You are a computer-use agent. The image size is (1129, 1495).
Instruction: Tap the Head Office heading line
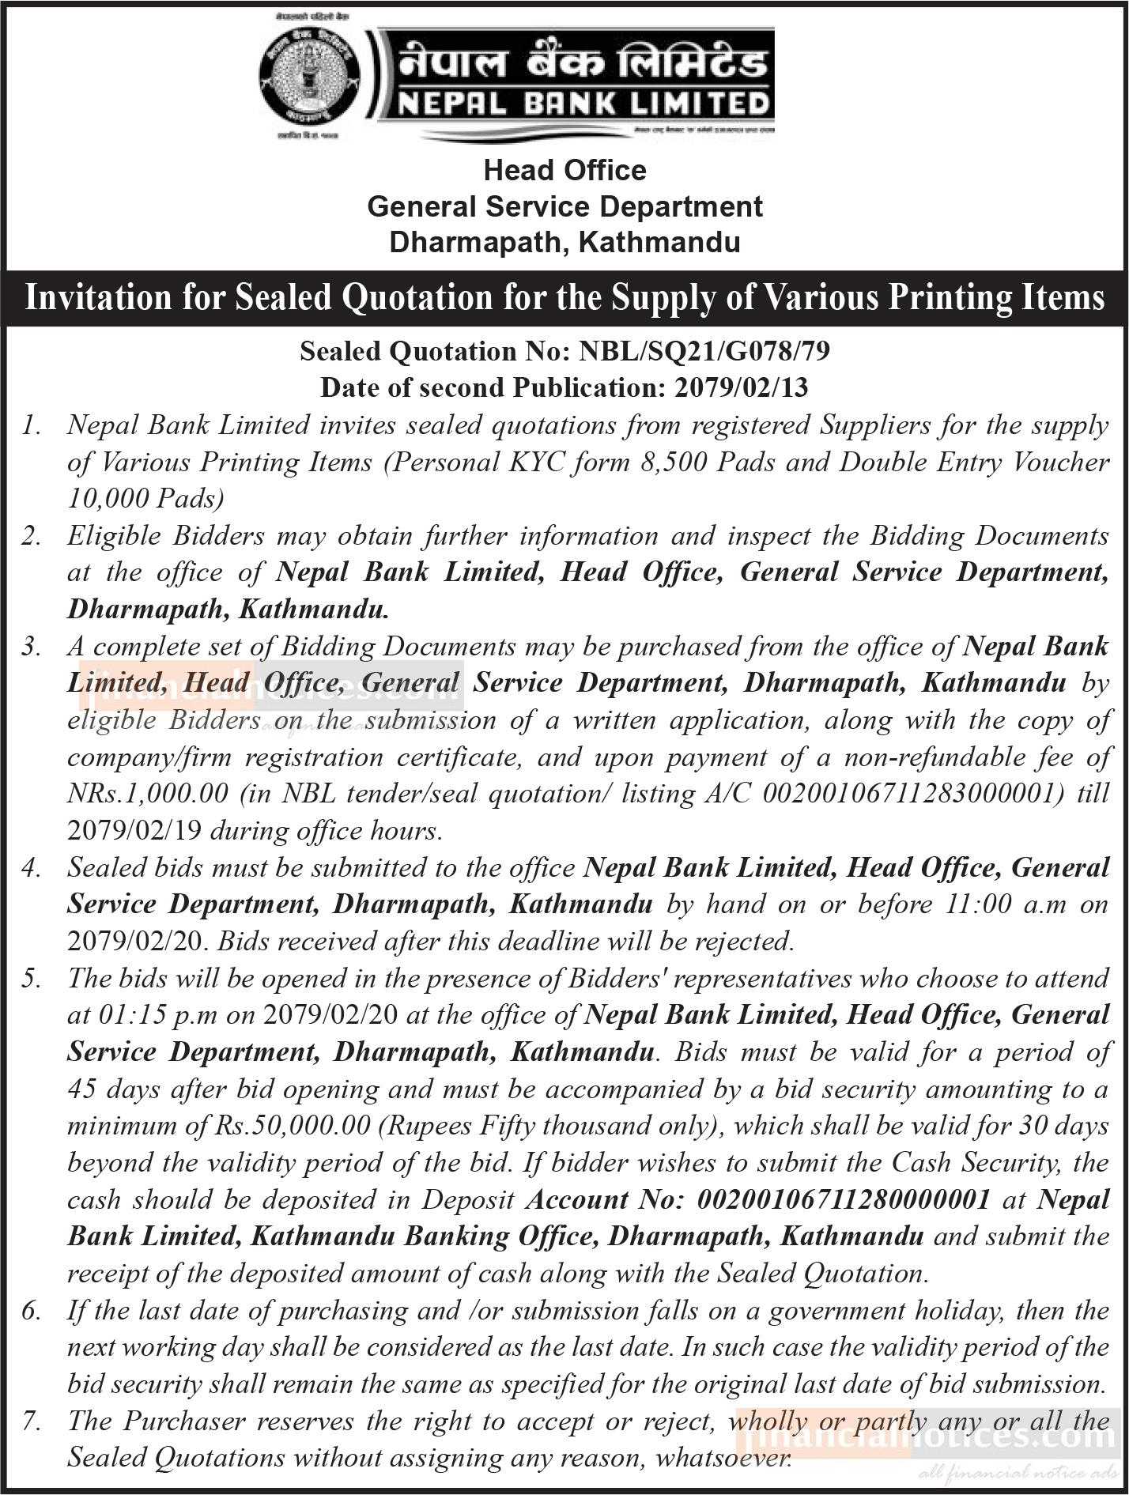564,171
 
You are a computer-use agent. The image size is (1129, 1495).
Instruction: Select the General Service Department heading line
564,207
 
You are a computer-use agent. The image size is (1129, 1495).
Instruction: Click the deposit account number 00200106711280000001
843,1200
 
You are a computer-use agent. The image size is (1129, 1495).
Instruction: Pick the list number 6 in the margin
32,1311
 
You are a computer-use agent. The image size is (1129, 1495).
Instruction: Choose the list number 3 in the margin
32,647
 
